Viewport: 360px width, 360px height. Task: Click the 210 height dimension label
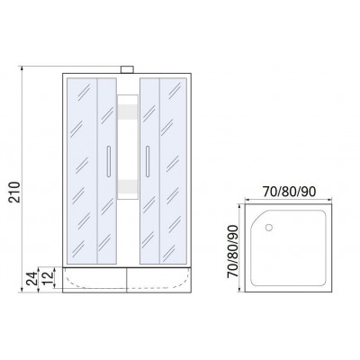click(14, 192)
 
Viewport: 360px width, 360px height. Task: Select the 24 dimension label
click(31, 278)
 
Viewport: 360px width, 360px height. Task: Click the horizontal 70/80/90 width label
click(289, 192)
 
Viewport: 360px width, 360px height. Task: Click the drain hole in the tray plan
click(269, 228)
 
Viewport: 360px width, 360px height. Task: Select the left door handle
click(109, 161)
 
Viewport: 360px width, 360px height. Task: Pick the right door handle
click(148, 161)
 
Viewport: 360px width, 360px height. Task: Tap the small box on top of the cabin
click(127, 69)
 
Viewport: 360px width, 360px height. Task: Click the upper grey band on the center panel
click(128, 111)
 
